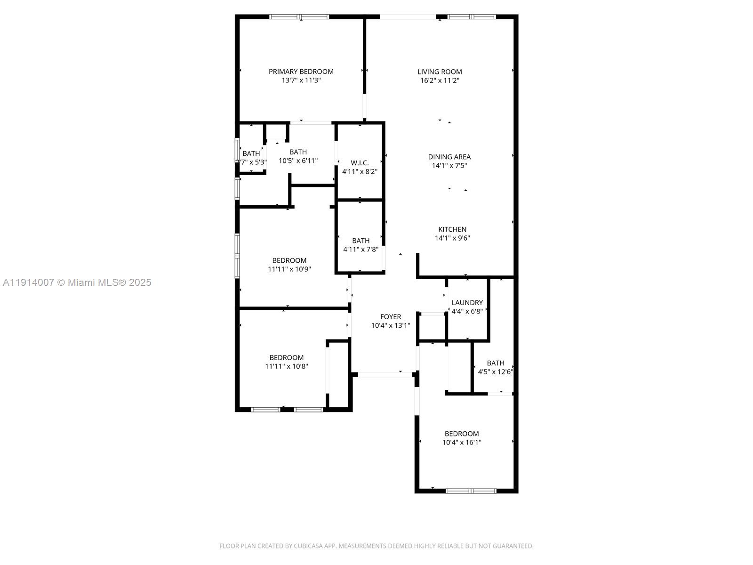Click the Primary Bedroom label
click(x=301, y=72)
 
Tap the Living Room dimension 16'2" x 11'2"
click(x=440, y=81)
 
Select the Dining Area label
click(x=449, y=157)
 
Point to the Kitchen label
click(x=452, y=229)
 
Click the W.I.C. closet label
click(x=360, y=163)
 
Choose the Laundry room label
click(x=467, y=303)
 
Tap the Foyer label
click(x=391, y=317)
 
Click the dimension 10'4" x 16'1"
click(x=461, y=443)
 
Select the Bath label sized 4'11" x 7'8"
click(x=360, y=241)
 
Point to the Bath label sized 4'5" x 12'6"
click(x=495, y=363)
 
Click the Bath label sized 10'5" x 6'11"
click(x=298, y=152)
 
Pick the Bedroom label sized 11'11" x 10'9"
click(x=289, y=260)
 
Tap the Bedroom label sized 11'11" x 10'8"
click(x=286, y=357)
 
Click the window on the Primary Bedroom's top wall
click(x=299, y=17)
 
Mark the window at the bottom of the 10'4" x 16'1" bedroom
click(x=471, y=491)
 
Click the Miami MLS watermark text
click(x=77, y=282)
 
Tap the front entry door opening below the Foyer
click(x=385, y=375)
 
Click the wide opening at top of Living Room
click(x=408, y=17)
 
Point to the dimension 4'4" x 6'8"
click(x=467, y=311)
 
